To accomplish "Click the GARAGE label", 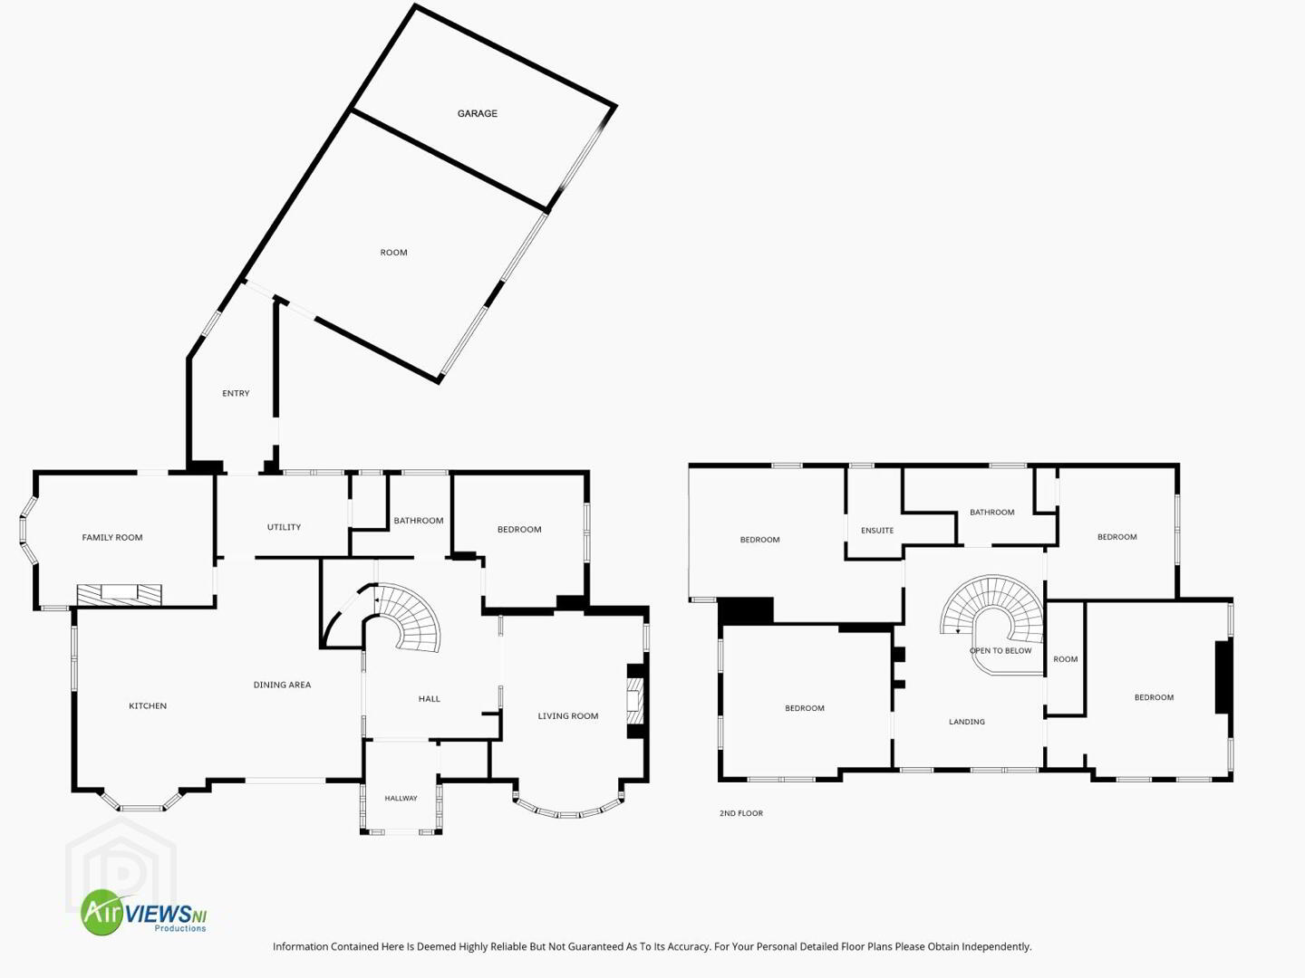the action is point(477,113).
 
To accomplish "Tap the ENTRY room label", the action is point(236,393).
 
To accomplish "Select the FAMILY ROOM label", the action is point(111,537).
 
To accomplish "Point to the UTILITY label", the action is point(284,527).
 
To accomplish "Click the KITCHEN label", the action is point(148,705).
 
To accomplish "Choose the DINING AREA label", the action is point(282,685).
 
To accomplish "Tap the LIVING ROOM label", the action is point(568,715).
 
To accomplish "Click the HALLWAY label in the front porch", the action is point(401,798).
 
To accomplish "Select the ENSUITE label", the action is point(877,531).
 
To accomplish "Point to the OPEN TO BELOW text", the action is point(1000,650).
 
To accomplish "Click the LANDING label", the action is point(967,722).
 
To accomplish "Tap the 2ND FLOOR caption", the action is point(740,813).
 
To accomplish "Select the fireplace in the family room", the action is point(120,595).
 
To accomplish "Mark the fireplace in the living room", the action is point(635,701).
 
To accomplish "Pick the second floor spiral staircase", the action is point(991,618).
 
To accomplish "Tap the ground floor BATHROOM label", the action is point(418,520).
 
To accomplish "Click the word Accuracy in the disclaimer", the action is point(685,946).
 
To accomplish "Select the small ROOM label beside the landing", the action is point(1065,659).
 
